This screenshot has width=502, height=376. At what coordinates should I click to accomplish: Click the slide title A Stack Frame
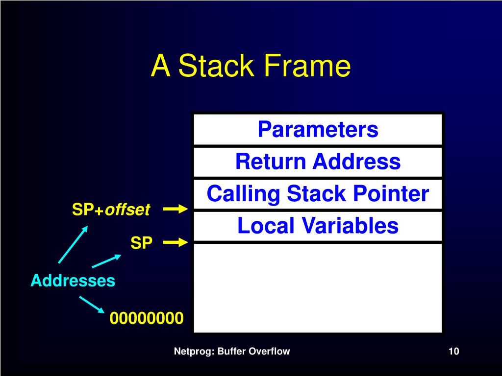point(251,66)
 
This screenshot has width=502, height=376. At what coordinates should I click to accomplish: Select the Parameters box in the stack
point(318,130)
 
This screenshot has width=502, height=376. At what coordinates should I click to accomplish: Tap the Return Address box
point(318,162)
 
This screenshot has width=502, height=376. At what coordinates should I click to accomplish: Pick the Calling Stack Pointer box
point(318,194)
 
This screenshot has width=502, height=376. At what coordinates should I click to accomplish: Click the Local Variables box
point(318,226)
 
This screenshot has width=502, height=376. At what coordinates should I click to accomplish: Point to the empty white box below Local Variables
point(318,287)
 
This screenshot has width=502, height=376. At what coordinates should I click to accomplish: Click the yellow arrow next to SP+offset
point(176,210)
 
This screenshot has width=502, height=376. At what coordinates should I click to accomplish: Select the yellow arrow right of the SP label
point(176,242)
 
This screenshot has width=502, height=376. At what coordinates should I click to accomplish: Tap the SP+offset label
point(111,210)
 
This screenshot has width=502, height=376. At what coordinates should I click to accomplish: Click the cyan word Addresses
point(73,281)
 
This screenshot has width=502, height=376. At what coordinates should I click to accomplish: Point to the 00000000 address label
point(147,319)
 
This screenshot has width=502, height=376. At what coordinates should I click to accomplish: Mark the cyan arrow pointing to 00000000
point(92,304)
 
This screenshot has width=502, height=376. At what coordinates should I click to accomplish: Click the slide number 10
point(453,351)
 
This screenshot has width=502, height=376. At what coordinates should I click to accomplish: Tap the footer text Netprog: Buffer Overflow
point(232,351)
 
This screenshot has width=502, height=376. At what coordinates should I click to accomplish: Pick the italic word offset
point(127,210)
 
